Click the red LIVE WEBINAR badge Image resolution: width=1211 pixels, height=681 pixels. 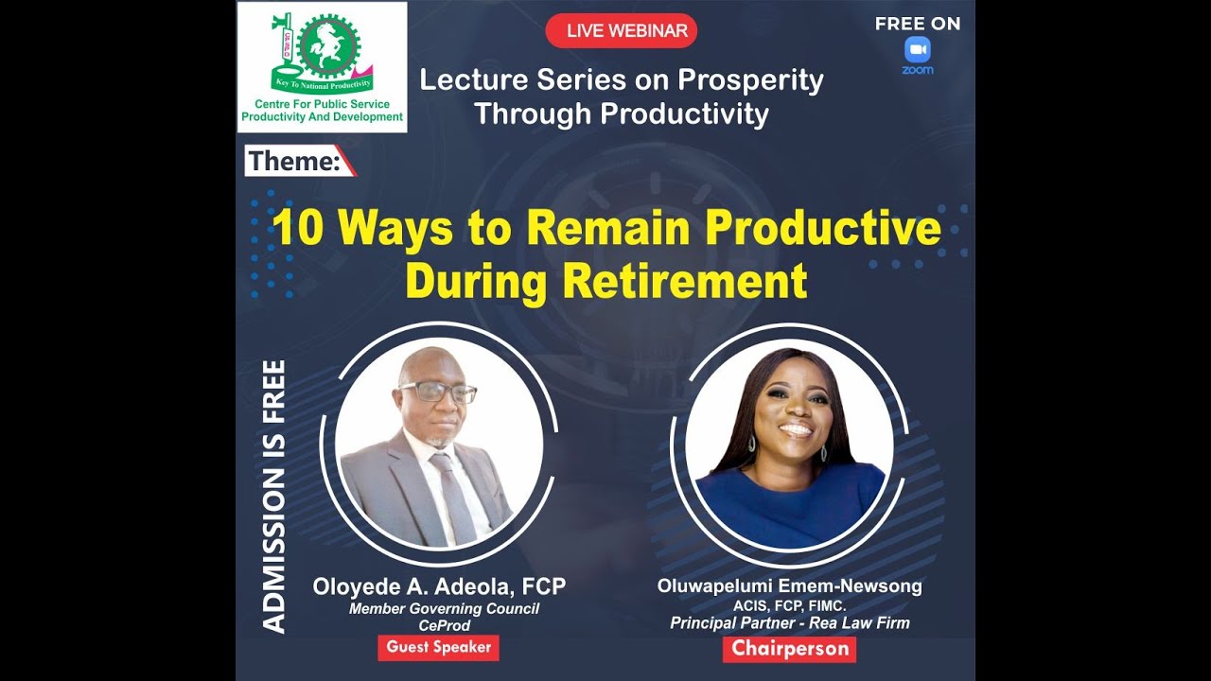coord(622,31)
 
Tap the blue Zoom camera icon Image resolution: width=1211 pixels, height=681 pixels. coord(917,49)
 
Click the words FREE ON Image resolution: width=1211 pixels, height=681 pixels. coord(917,24)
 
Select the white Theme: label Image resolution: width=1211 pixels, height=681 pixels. coord(295,162)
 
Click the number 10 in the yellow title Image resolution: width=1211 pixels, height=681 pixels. coord(298,229)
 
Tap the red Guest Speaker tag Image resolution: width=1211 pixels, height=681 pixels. coord(438,648)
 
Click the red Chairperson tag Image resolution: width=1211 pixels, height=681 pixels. coord(789,649)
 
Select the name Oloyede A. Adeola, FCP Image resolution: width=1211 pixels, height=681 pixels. coord(439,587)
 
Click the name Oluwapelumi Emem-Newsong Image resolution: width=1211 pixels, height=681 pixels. coord(789,586)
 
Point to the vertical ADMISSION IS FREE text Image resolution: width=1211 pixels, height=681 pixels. coord(273,496)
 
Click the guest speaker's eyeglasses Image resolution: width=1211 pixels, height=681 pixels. coord(438,391)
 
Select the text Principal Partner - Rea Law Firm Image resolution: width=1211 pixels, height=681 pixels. coord(789,622)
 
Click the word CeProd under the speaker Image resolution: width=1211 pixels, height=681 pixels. coord(444,625)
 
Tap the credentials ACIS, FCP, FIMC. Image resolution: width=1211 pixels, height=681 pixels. coord(789,605)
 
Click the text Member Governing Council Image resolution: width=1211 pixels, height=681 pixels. coord(444,608)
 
